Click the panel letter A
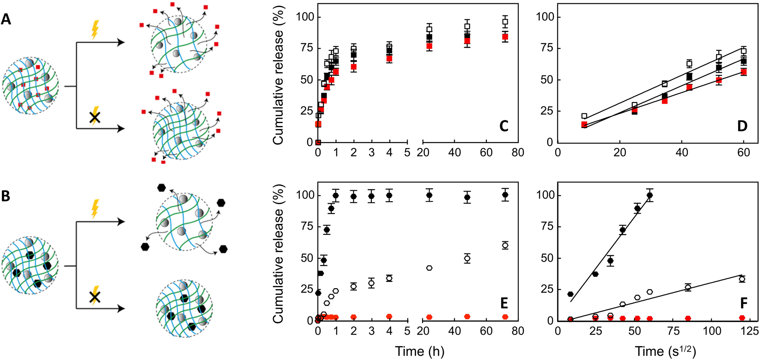point(6,19)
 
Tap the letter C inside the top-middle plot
point(503,126)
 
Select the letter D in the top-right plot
point(742,126)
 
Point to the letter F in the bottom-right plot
point(743,304)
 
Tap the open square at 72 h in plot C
point(505,22)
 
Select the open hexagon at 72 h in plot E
point(505,245)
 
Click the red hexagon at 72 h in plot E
point(505,317)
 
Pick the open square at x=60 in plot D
point(743,51)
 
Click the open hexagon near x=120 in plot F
point(742,279)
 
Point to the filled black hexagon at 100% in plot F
point(649,195)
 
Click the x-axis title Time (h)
point(419,351)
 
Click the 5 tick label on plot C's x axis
point(407,153)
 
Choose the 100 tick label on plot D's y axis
point(545,17)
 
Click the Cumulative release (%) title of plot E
point(278,253)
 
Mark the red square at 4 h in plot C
point(389,59)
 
